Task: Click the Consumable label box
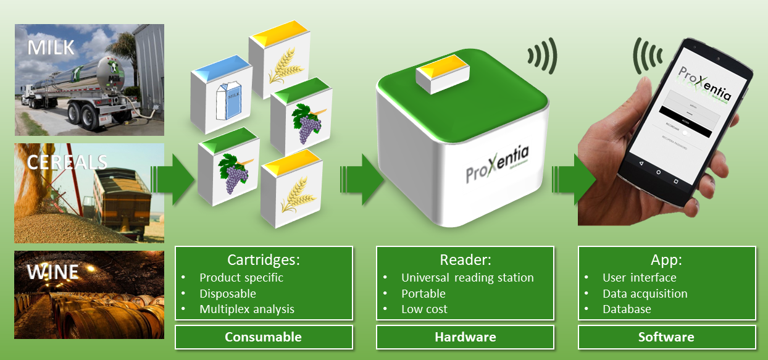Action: (x=264, y=337)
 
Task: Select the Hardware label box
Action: (x=465, y=337)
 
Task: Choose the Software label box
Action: (x=666, y=337)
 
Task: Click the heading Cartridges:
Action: (x=264, y=260)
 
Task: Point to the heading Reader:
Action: (x=465, y=260)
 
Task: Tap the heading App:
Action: (x=666, y=260)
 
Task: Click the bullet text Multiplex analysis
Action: (x=247, y=309)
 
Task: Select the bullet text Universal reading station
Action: (x=467, y=278)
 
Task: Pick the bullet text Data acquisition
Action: (x=645, y=294)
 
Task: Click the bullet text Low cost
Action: (x=424, y=309)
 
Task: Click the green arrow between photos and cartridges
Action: (x=173, y=179)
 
